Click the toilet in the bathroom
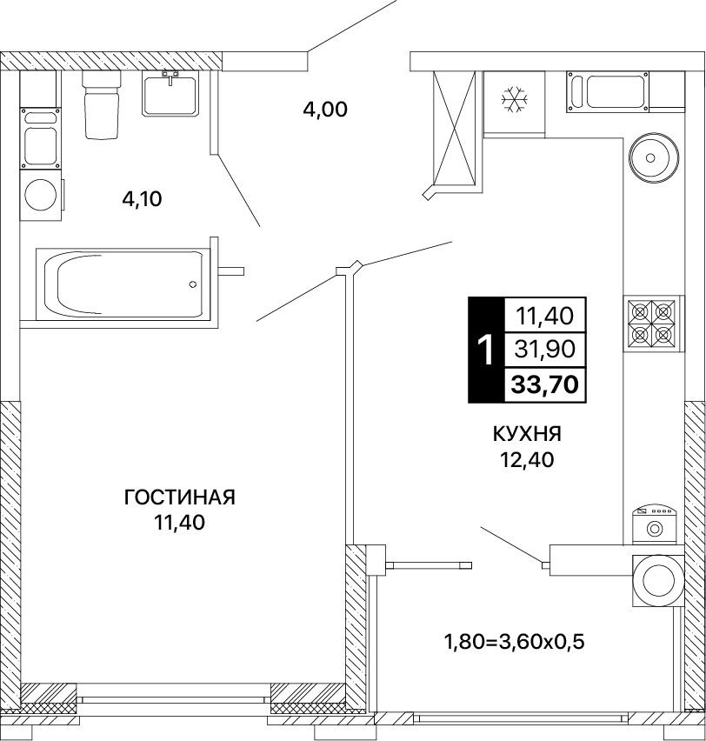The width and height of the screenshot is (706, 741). (102, 104)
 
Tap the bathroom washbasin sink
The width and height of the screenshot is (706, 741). (170, 94)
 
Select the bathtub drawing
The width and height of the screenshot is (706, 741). (123, 284)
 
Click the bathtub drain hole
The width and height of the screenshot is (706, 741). (192, 284)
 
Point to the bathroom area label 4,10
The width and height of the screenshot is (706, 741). (142, 199)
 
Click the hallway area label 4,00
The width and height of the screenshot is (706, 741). (325, 110)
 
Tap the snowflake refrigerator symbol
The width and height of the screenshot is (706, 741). (515, 100)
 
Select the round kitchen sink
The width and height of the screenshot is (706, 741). (654, 157)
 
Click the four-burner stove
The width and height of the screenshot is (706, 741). (651, 324)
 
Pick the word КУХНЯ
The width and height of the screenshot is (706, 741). (527, 434)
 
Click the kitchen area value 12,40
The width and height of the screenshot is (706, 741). (527, 459)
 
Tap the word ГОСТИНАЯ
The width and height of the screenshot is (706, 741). (180, 497)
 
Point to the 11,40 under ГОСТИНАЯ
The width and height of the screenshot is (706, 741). (179, 522)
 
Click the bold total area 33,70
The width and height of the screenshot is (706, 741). (545, 384)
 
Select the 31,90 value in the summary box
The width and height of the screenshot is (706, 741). (545, 350)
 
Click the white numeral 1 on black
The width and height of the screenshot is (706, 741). (486, 350)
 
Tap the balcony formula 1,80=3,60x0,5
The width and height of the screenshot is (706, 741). (514, 641)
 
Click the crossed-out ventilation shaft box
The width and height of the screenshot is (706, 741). (454, 128)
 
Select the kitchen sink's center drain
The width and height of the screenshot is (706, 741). (650, 157)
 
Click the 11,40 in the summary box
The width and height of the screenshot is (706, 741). (545, 315)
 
